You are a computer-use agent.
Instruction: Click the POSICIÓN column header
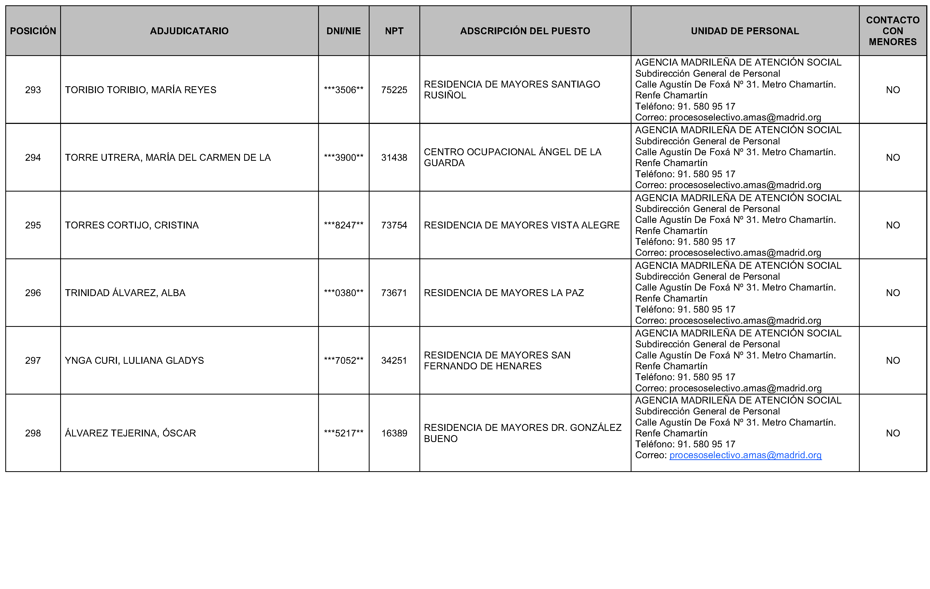click(x=33, y=31)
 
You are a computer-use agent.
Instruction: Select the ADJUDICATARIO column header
click(x=189, y=31)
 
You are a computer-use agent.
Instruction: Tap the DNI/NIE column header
click(x=343, y=31)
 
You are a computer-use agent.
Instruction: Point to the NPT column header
click(x=394, y=31)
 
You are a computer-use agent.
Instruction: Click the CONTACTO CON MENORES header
click(x=893, y=31)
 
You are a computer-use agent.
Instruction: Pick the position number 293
click(x=33, y=90)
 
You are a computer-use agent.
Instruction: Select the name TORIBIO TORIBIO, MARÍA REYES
click(x=141, y=90)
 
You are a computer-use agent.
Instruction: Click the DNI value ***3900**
click(x=343, y=158)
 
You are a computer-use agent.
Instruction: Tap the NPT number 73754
click(x=394, y=225)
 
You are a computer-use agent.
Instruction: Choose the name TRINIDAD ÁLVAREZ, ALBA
click(x=125, y=293)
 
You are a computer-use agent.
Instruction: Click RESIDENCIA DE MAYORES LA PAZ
click(x=504, y=293)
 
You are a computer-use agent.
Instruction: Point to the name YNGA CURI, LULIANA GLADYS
click(x=134, y=361)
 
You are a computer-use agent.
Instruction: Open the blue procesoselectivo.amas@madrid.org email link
click(x=745, y=455)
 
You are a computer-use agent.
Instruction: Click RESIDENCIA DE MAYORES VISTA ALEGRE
click(x=521, y=225)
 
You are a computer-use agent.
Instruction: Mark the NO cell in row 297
click(x=893, y=361)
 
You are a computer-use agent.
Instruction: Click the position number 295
click(x=33, y=225)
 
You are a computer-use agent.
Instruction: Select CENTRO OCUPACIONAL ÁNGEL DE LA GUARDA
click(x=512, y=158)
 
